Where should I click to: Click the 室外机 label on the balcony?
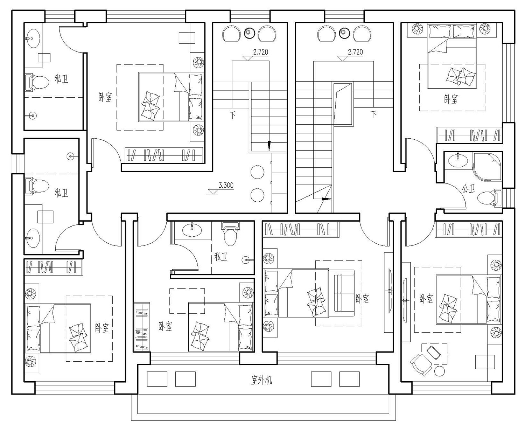click(x=261, y=380)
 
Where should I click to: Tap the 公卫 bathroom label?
click(x=469, y=189)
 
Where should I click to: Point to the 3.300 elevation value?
click(x=226, y=185)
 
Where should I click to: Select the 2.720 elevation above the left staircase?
click(x=261, y=52)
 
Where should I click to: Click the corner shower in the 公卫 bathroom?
click(x=488, y=167)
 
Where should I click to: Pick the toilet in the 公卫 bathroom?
click(x=489, y=198)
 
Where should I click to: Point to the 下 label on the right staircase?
click(x=374, y=114)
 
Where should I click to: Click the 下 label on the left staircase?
click(x=232, y=115)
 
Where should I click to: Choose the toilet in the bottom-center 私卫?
click(x=230, y=234)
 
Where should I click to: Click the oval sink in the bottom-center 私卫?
click(x=192, y=230)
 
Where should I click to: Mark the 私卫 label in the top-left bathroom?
click(x=61, y=79)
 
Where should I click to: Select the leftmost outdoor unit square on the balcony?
click(x=157, y=379)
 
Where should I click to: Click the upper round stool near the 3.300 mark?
click(x=257, y=172)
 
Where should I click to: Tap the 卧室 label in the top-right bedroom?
click(x=451, y=99)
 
